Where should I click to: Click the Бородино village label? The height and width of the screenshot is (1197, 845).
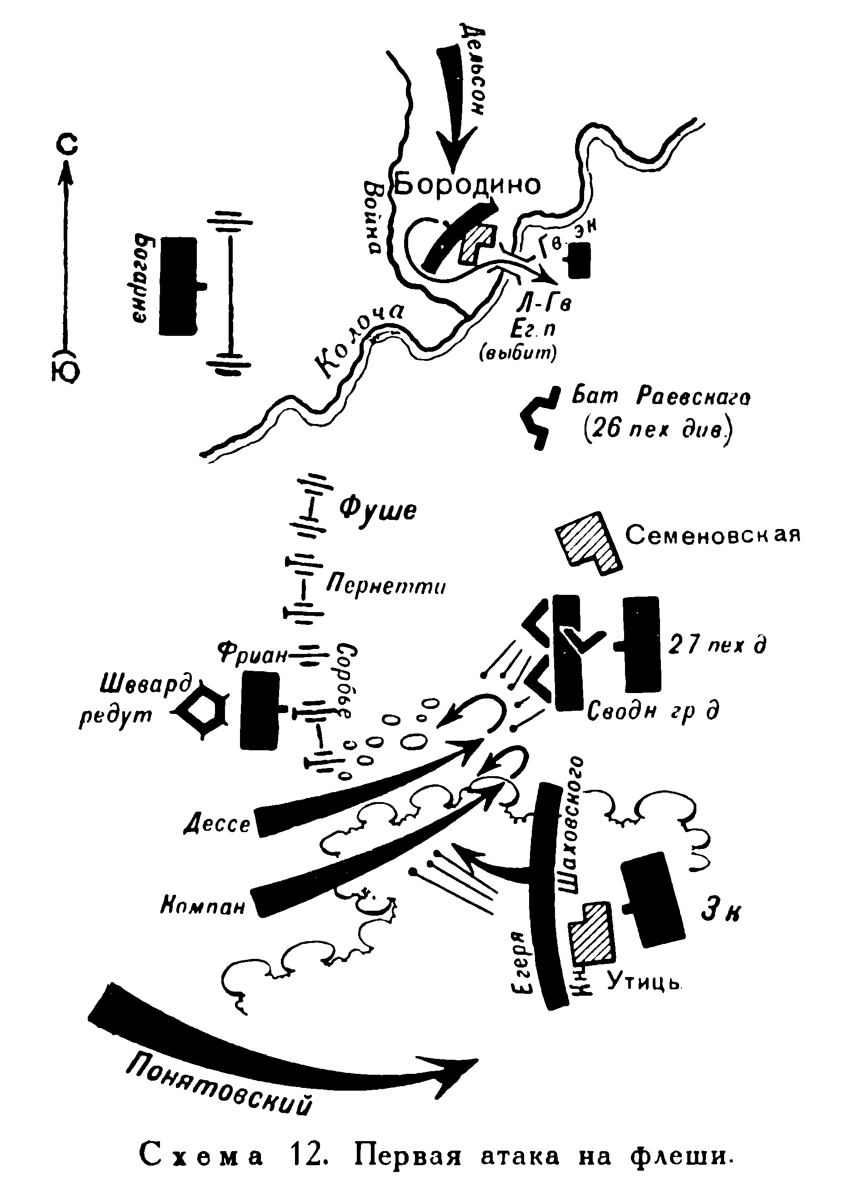tap(467, 185)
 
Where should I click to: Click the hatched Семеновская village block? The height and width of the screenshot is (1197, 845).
tap(587, 542)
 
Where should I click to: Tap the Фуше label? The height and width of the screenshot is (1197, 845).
tap(378, 510)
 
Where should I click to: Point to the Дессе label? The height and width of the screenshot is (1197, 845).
tap(218, 824)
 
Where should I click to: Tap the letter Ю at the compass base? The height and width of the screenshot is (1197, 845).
tap(66, 372)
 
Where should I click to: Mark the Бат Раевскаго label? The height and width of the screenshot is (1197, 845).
tap(661, 398)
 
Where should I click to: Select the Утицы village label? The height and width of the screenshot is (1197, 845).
tap(645, 984)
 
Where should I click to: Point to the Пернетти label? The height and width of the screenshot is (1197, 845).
tap(386, 588)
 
